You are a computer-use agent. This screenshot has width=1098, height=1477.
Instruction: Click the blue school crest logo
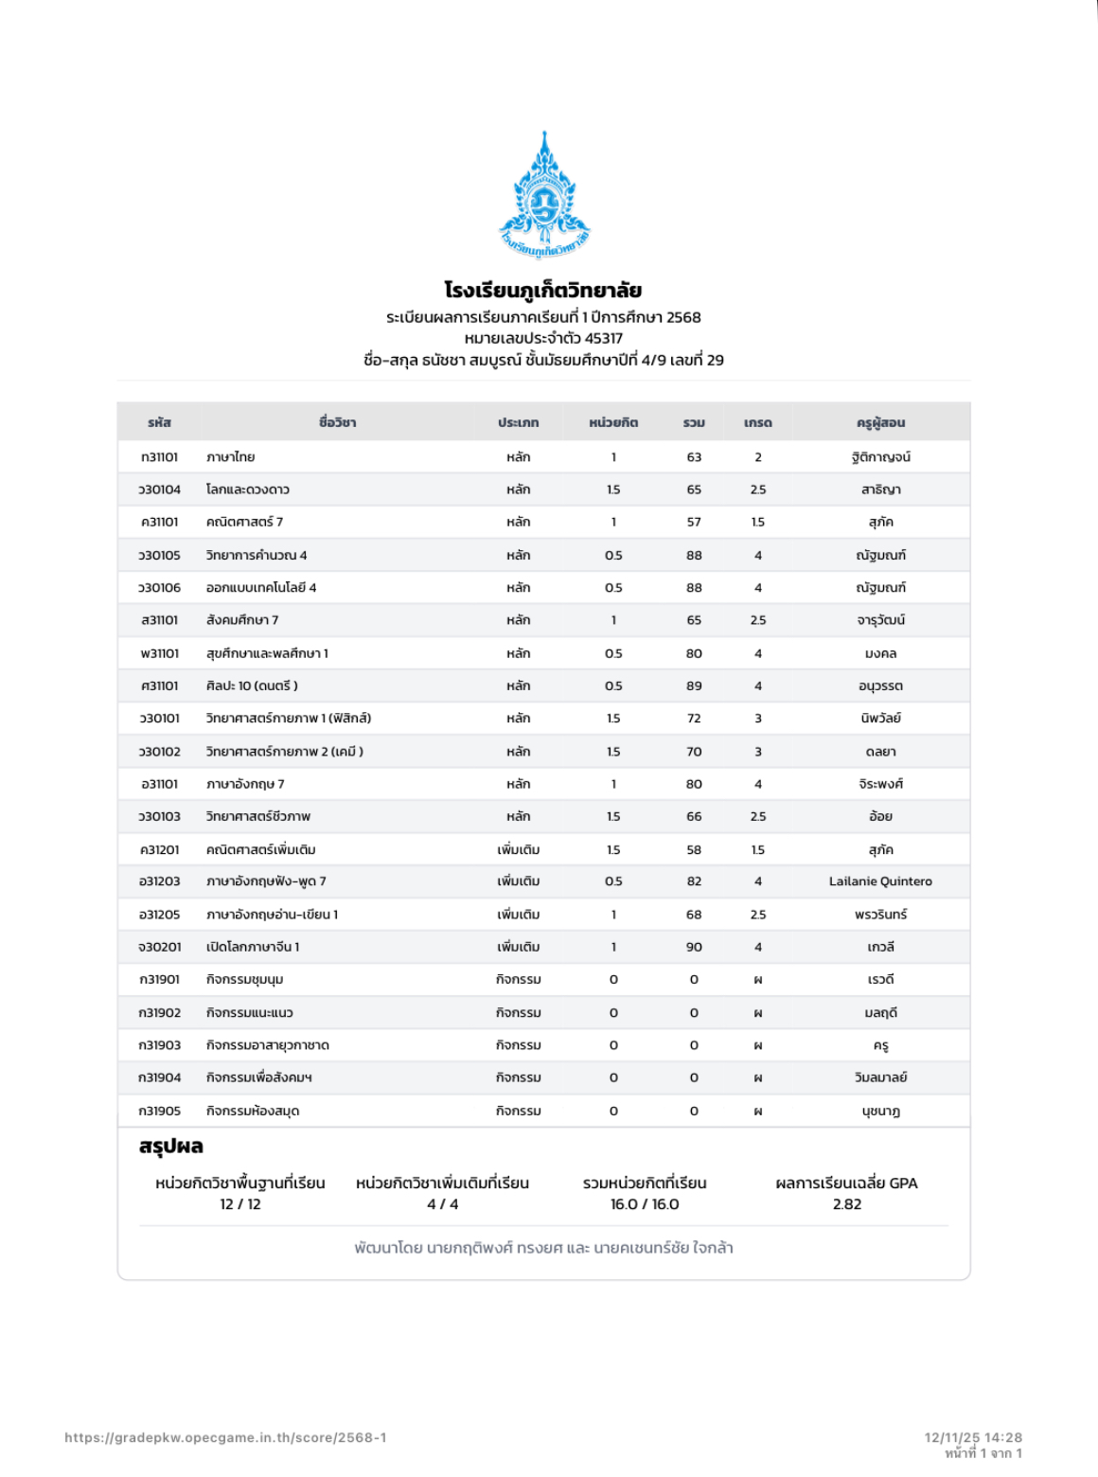point(544,195)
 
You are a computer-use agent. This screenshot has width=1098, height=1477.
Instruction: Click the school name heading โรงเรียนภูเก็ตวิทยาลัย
point(543,290)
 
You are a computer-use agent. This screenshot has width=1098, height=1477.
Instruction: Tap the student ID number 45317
point(604,338)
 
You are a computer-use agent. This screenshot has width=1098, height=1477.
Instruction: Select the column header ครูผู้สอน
point(880,422)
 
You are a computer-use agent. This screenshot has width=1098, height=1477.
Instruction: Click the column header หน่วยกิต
point(613,422)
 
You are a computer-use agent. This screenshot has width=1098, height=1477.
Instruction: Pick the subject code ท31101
point(159,457)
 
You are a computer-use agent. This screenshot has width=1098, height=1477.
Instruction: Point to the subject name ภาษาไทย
point(231,457)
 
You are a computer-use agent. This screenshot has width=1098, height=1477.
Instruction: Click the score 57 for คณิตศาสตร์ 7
point(694,522)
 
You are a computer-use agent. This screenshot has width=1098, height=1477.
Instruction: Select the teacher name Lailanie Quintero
point(880,881)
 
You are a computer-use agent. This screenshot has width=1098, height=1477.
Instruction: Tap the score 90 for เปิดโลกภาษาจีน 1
point(694,947)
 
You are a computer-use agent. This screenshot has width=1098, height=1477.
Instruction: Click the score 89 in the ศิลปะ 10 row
point(694,685)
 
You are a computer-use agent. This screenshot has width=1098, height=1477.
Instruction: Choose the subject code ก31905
point(159,1111)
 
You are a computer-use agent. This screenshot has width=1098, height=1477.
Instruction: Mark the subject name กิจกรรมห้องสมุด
point(253,1111)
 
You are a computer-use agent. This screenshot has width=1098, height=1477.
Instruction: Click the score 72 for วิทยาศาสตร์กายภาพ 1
point(694,719)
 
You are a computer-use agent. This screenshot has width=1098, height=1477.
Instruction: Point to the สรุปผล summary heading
point(171,1147)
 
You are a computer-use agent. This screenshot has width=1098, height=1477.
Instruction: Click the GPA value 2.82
point(847,1204)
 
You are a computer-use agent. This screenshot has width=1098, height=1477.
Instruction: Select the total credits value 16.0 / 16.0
point(645,1204)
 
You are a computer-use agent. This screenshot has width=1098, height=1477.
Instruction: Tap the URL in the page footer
point(225,1437)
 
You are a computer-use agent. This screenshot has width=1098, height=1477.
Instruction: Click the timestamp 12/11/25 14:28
point(973,1437)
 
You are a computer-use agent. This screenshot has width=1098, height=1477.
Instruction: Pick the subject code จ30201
point(159,947)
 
